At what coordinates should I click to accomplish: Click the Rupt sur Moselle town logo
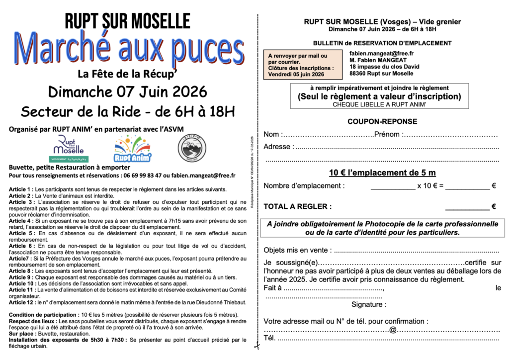pos(69,148)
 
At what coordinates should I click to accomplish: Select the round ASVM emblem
pos(192,148)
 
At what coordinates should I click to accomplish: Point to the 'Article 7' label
pos(20,259)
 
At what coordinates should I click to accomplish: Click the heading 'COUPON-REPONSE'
pos(382,121)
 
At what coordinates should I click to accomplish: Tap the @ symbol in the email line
pos(393,330)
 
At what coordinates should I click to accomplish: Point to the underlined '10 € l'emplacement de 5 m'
pos(382,173)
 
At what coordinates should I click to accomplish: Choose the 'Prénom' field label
pos(387,134)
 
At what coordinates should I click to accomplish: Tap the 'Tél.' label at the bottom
pos(269,339)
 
